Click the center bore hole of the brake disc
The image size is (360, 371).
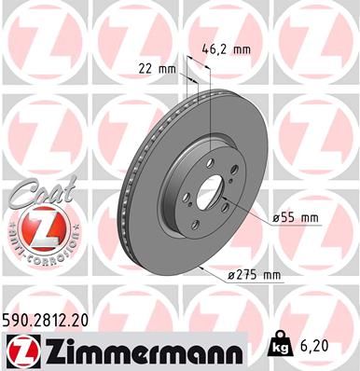[209, 195]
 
